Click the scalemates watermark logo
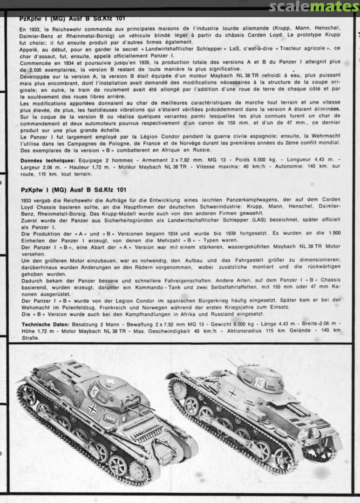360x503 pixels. [x=314, y=7]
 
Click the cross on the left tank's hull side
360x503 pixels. [x=92, y=409]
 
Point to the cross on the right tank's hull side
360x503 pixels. [x=231, y=393]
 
